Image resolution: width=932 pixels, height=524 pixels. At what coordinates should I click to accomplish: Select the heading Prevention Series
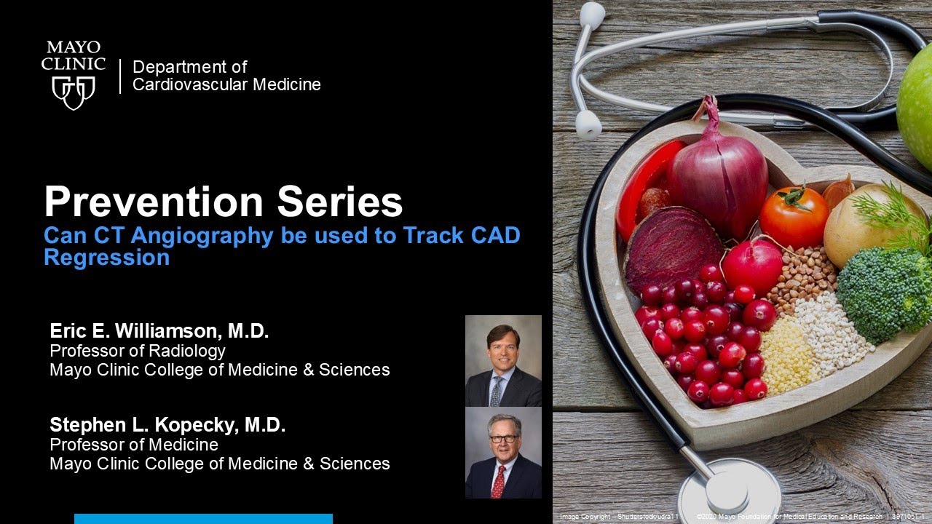[223, 202]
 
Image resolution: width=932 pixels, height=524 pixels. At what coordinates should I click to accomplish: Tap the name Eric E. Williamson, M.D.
[159, 332]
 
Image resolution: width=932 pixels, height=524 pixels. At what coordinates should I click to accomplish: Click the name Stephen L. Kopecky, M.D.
[167, 425]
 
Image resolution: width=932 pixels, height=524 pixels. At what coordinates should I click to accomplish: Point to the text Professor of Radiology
[137, 351]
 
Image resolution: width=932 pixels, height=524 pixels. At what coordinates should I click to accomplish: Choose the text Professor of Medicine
[133, 444]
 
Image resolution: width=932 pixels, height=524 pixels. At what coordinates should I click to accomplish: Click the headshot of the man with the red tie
[503, 453]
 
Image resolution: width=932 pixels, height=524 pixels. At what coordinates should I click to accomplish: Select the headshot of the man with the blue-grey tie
[503, 361]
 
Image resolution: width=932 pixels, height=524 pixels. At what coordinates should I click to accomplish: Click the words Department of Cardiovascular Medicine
[226, 76]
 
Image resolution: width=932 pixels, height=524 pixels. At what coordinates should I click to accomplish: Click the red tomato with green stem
[794, 216]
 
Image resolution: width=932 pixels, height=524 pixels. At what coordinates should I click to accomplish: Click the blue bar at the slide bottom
[203, 518]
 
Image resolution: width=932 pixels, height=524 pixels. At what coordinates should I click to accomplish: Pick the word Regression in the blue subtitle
[106, 258]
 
